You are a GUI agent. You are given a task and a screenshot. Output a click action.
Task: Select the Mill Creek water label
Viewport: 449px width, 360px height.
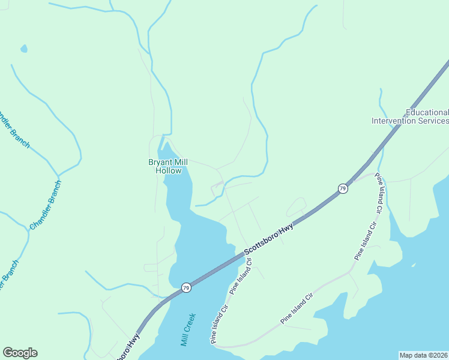pyautogui.click(x=188, y=329)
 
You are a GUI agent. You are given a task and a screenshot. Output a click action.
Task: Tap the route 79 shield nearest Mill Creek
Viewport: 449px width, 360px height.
pyautogui.click(x=186, y=287)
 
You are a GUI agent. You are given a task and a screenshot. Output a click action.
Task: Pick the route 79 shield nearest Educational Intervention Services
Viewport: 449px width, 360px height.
pyautogui.click(x=342, y=188)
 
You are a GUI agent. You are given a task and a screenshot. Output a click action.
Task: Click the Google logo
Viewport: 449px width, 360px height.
pyautogui.click(x=20, y=353)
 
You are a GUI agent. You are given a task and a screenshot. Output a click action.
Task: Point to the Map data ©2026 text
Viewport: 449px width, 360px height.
pyautogui.click(x=423, y=355)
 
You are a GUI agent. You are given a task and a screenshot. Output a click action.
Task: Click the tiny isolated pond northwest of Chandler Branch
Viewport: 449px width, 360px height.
pyautogui.click(x=23, y=48)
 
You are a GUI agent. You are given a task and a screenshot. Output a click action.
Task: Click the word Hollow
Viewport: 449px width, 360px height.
pyautogui.click(x=168, y=170)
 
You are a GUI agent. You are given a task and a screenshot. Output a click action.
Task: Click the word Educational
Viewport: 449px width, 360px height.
pyautogui.click(x=427, y=112)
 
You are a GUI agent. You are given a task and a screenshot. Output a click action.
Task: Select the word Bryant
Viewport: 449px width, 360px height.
pyautogui.click(x=160, y=162)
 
